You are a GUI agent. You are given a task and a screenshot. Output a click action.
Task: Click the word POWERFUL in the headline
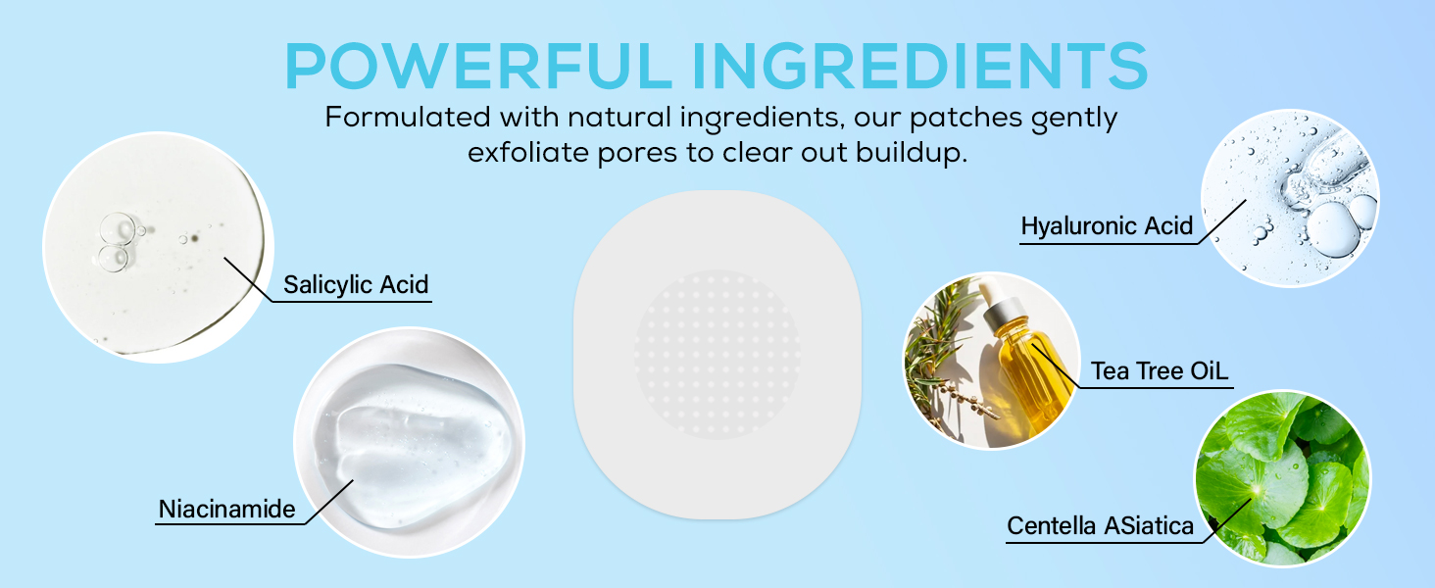(478, 66)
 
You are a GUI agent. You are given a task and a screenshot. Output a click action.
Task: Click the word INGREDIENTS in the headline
(920, 66)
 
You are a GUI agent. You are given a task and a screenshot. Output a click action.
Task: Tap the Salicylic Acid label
(356, 285)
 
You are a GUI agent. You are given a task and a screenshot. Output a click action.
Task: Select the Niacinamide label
(226, 510)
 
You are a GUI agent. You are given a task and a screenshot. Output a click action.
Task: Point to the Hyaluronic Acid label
(1107, 226)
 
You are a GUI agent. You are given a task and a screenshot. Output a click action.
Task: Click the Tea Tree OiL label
(1160, 371)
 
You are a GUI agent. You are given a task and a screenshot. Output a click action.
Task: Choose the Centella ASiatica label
(1100, 526)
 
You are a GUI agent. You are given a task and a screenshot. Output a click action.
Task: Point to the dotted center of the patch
(717, 354)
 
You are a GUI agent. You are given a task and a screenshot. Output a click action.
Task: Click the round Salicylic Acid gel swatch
(158, 247)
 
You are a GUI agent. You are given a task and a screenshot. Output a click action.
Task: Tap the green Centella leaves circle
(1282, 478)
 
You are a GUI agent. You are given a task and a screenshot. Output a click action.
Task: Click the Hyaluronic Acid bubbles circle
(1290, 198)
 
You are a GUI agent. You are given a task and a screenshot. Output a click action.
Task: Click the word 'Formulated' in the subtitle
(408, 118)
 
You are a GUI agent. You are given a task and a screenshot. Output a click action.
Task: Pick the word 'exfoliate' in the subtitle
(528, 153)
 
